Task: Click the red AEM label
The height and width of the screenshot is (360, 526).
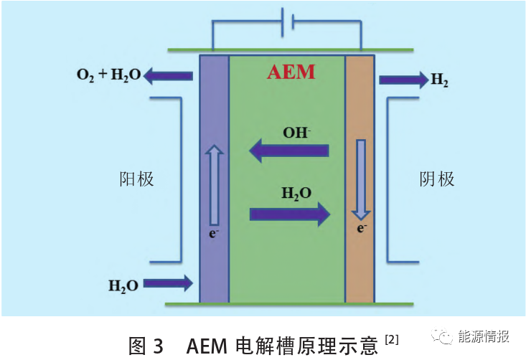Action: click(291, 72)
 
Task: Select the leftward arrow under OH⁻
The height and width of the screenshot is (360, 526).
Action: click(288, 151)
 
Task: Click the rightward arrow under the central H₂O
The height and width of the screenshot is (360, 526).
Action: click(290, 214)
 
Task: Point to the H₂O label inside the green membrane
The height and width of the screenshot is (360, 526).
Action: click(296, 194)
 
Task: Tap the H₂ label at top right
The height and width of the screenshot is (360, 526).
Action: click(440, 80)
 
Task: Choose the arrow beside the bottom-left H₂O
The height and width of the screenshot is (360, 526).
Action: click(168, 283)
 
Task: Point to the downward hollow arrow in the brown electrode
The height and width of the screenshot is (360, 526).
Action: click(361, 179)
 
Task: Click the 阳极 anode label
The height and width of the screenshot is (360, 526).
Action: click(136, 179)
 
